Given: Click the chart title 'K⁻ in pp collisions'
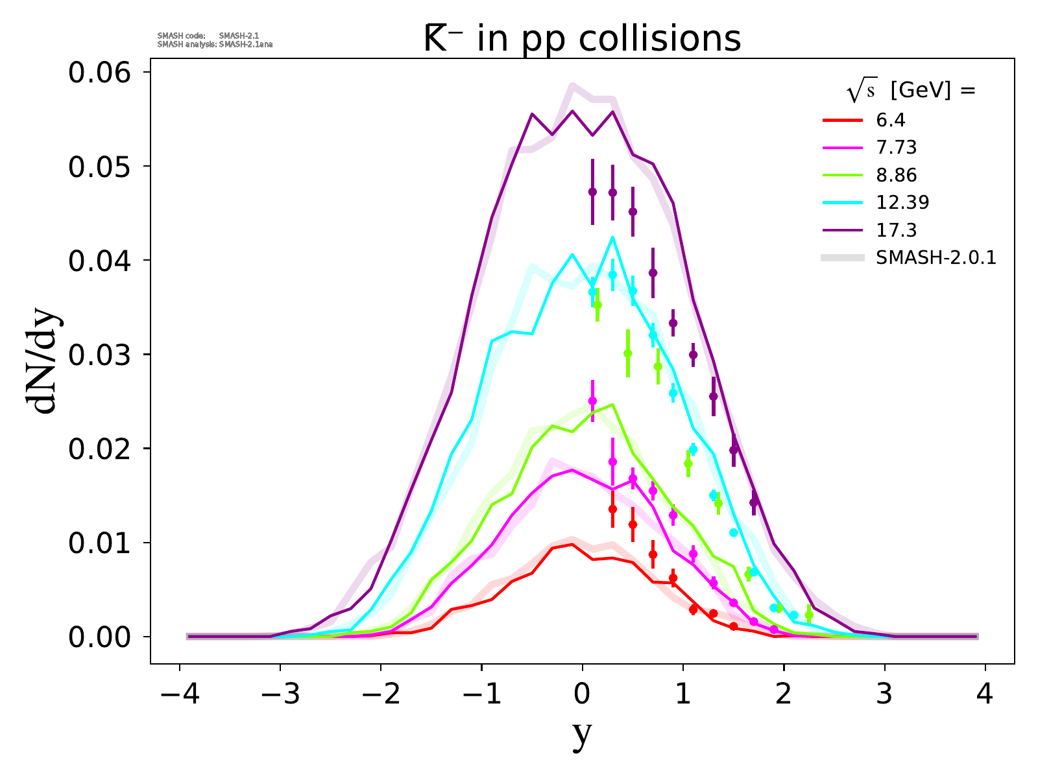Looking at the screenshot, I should point(582,39).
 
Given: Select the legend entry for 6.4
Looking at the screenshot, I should point(890,121).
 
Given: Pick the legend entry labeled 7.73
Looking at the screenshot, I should point(896,148).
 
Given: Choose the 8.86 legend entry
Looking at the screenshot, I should point(896,175).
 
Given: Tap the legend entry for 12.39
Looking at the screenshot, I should point(902,202).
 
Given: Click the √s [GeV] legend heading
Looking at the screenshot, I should point(911,91).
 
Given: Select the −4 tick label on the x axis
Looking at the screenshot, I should point(179,695).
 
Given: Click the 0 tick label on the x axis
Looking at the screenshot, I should point(583,695).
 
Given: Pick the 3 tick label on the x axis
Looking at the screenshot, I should point(885,695).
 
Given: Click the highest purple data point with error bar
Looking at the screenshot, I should point(592,192).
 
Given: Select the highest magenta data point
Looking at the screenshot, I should point(592,401).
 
